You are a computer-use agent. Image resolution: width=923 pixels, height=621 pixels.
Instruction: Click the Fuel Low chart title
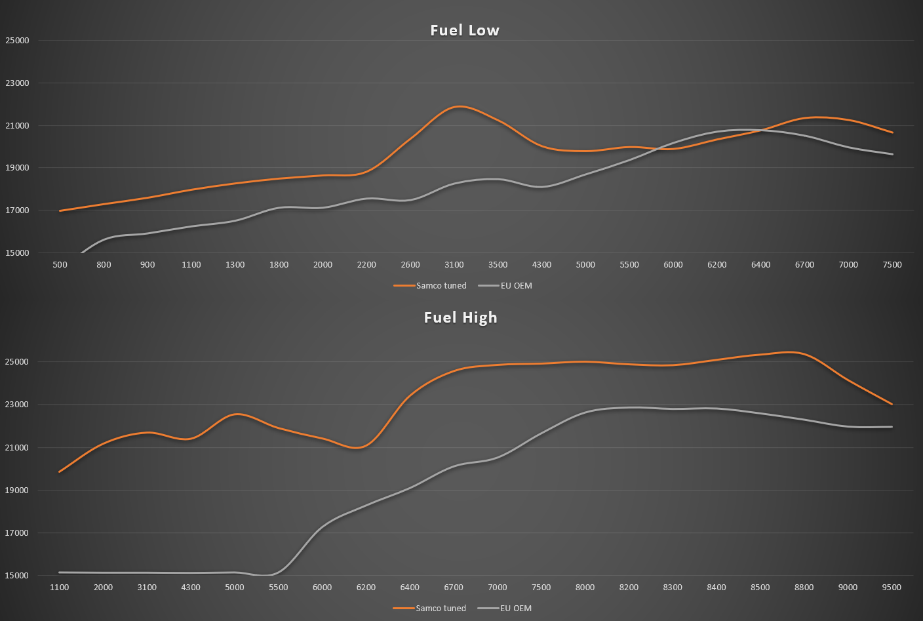point(465,30)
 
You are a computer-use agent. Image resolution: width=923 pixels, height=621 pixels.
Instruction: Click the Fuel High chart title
point(461,317)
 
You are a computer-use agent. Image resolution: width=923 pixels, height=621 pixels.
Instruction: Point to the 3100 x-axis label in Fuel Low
point(454,265)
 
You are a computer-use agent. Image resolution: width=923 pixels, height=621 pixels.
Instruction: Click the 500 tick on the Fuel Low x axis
point(60,265)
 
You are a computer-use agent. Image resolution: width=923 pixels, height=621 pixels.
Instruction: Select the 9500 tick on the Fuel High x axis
point(892,587)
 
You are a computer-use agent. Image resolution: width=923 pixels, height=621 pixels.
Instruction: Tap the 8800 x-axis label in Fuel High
point(804,587)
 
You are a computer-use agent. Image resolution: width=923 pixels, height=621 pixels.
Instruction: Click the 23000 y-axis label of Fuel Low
point(17,83)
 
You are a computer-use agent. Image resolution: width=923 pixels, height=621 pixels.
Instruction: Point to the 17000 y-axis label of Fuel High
point(17,533)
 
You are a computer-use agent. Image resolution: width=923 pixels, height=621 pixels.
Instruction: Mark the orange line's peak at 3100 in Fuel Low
point(458,106)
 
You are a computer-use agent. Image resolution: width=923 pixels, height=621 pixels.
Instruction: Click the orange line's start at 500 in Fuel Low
point(60,210)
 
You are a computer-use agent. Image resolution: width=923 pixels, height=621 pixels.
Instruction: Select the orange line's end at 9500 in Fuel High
point(892,404)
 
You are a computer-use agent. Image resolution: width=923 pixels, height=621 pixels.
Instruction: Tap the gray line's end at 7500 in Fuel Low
point(892,154)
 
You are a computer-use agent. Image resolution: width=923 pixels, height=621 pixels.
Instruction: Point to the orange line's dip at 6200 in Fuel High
point(358,448)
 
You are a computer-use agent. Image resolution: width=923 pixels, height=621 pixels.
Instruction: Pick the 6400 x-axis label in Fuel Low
point(760,265)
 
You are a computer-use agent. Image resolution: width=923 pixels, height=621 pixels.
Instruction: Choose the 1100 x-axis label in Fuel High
point(60,587)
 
